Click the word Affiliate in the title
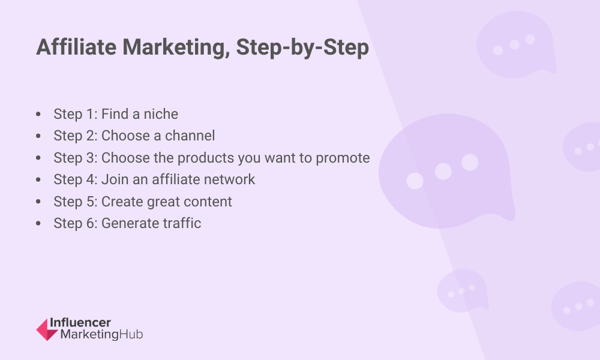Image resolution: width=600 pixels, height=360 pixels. click(76, 47)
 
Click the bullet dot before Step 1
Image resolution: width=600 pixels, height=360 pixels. click(38, 114)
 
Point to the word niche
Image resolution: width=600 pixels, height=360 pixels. click(160, 114)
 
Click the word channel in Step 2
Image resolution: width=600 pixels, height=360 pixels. click(190, 136)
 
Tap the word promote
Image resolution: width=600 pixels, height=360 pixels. click(343, 158)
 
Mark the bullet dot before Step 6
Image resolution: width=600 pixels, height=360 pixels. click(38, 223)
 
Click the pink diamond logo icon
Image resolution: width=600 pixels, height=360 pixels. click(47, 329)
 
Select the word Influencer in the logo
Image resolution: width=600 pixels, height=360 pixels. click(80, 323)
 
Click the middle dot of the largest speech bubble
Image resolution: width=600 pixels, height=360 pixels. click(443, 172)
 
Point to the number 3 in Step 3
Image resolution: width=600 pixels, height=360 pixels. click(90, 158)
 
